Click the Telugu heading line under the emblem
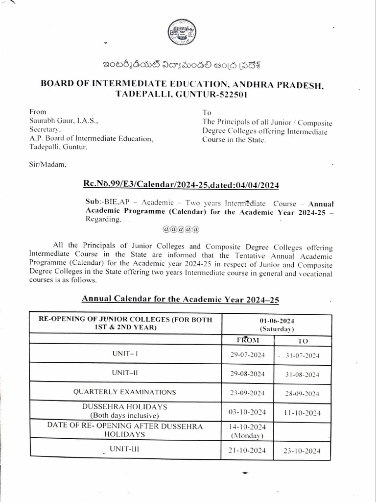coord(187,66)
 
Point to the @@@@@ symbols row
coord(180,229)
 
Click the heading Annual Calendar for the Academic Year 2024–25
coord(183,299)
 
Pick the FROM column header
coord(247,340)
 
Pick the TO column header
coord(303,341)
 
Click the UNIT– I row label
coord(125,352)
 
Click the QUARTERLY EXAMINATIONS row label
coord(124,392)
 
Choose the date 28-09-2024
coord(303,394)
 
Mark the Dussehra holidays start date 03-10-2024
coord(247,411)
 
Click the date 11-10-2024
coord(303,413)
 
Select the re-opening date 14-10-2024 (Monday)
coord(247,430)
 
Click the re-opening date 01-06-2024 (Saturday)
coord(277,324)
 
